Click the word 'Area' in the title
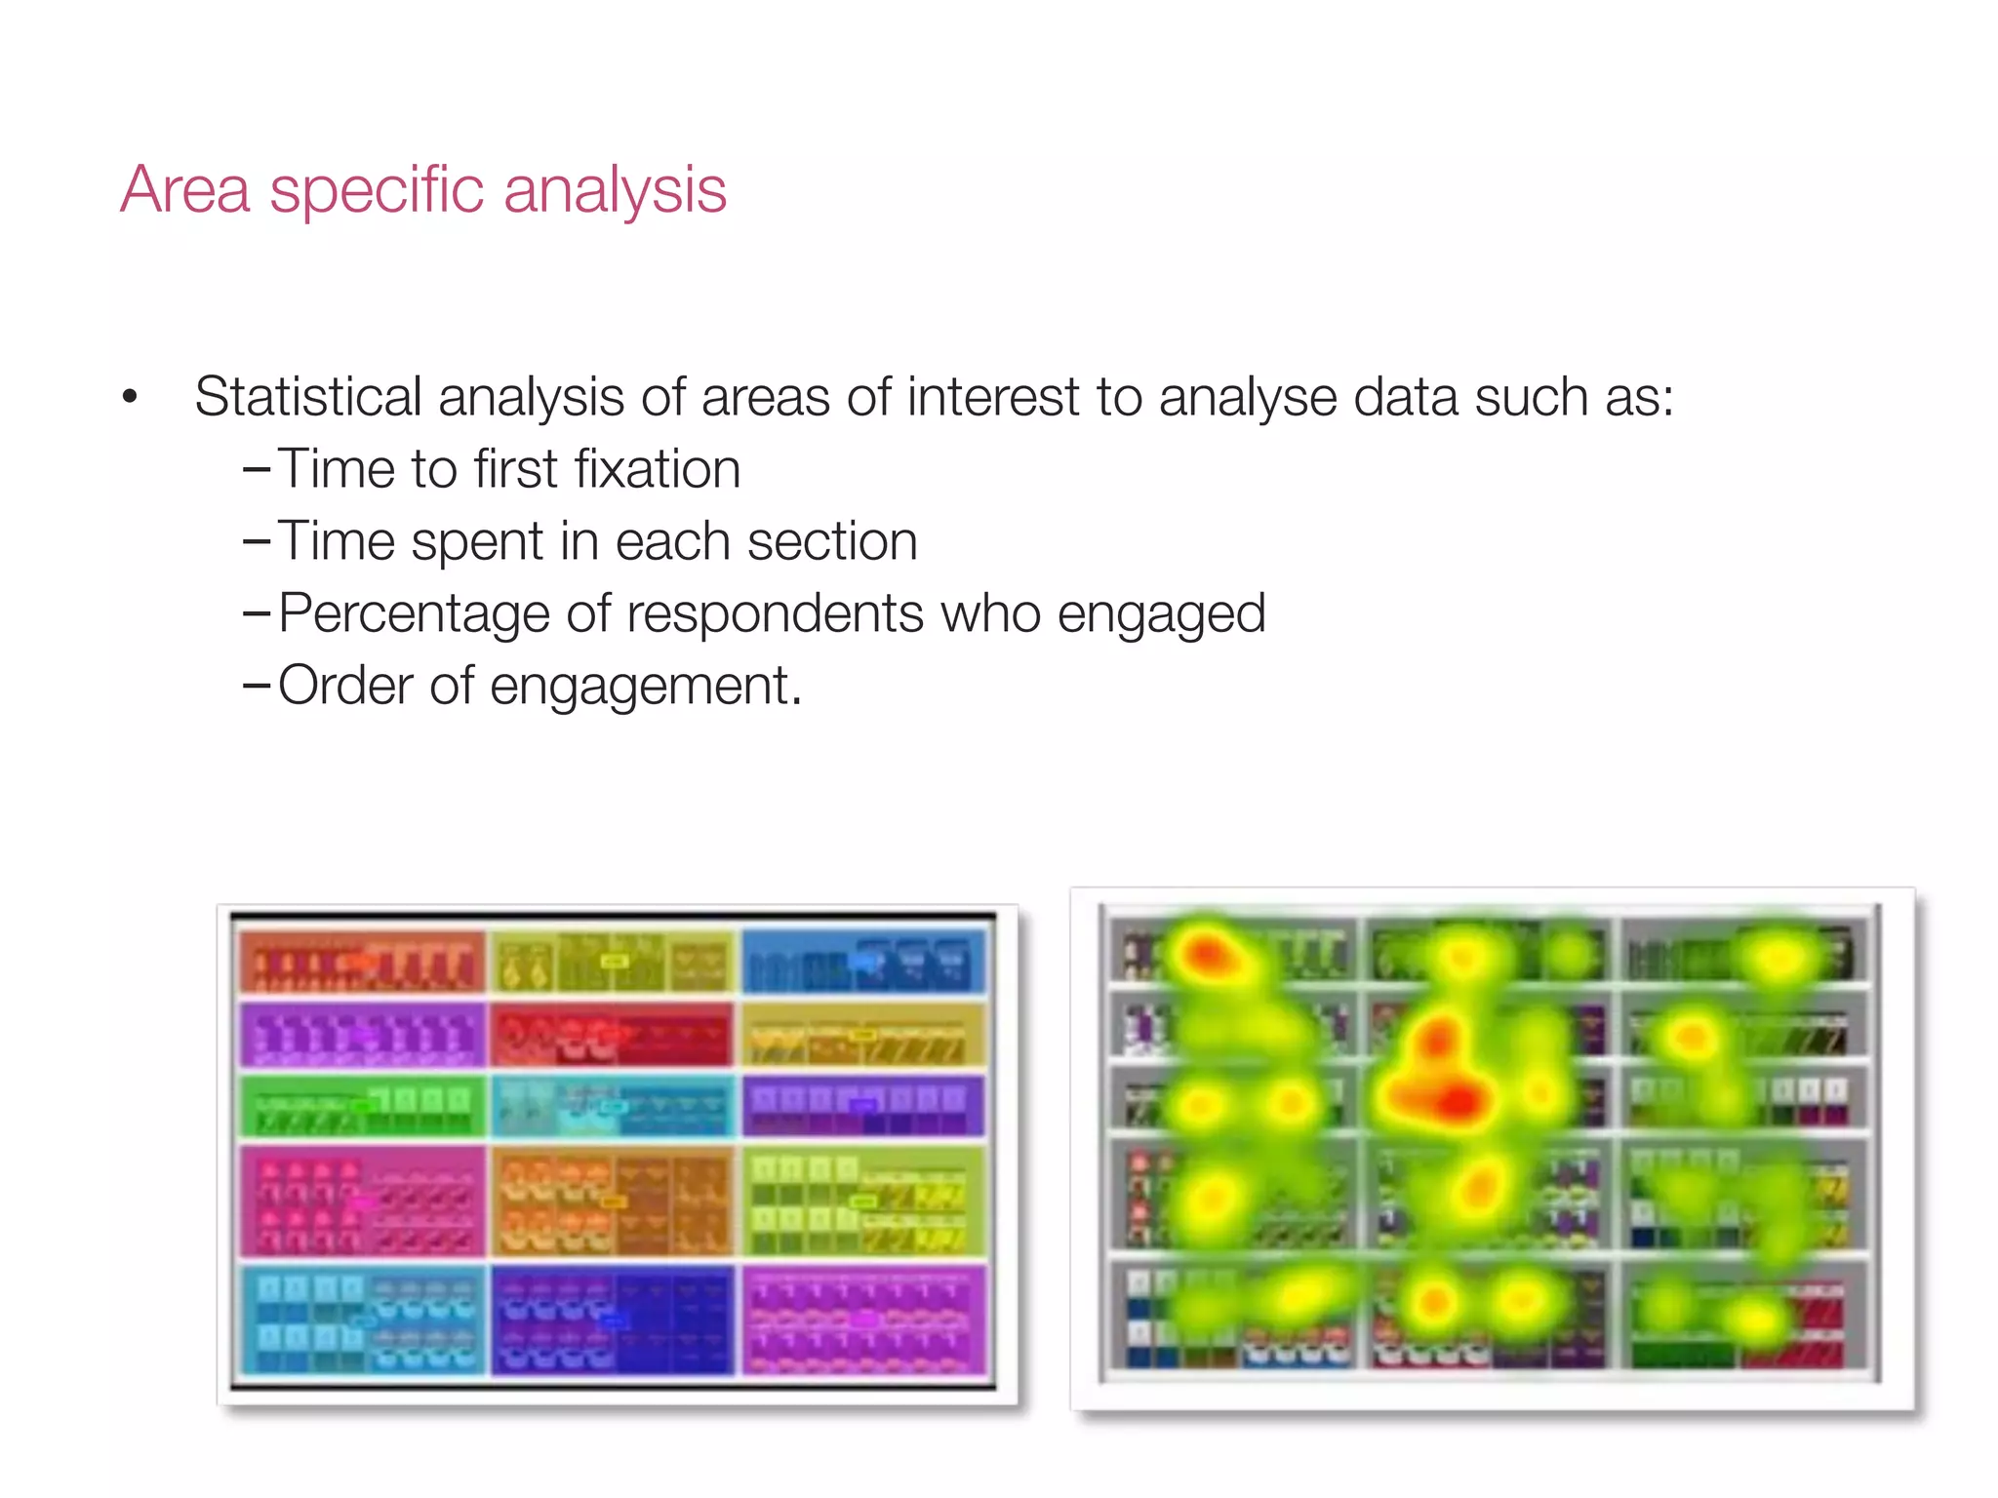(x=185, y=189)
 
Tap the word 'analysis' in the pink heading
(x=615, y=189)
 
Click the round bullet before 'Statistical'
(x=130, y=397)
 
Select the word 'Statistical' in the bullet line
(x=307, y=397)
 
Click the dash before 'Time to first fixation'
(x=256, y=470)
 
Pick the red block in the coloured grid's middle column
(x=611, y=1034)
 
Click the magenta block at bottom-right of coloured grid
(x=863, y=1320)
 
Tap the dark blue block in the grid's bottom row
(x=611, y=1320)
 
